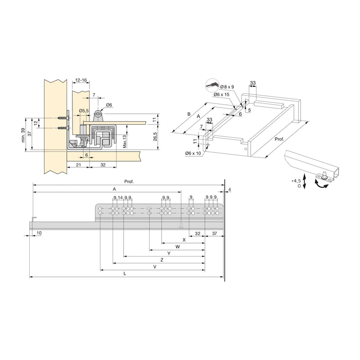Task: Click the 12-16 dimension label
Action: pos(81,80)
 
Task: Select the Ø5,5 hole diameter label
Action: pos(83,111)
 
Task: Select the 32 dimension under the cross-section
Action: pos(103,165)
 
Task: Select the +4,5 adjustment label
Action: pos(296,180)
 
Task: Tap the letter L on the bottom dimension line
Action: pos(125,274)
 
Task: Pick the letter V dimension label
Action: pos(154,267)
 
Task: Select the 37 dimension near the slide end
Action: pos(214,234)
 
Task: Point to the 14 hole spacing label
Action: pos(120,198)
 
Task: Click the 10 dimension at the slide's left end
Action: pos(39,233)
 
